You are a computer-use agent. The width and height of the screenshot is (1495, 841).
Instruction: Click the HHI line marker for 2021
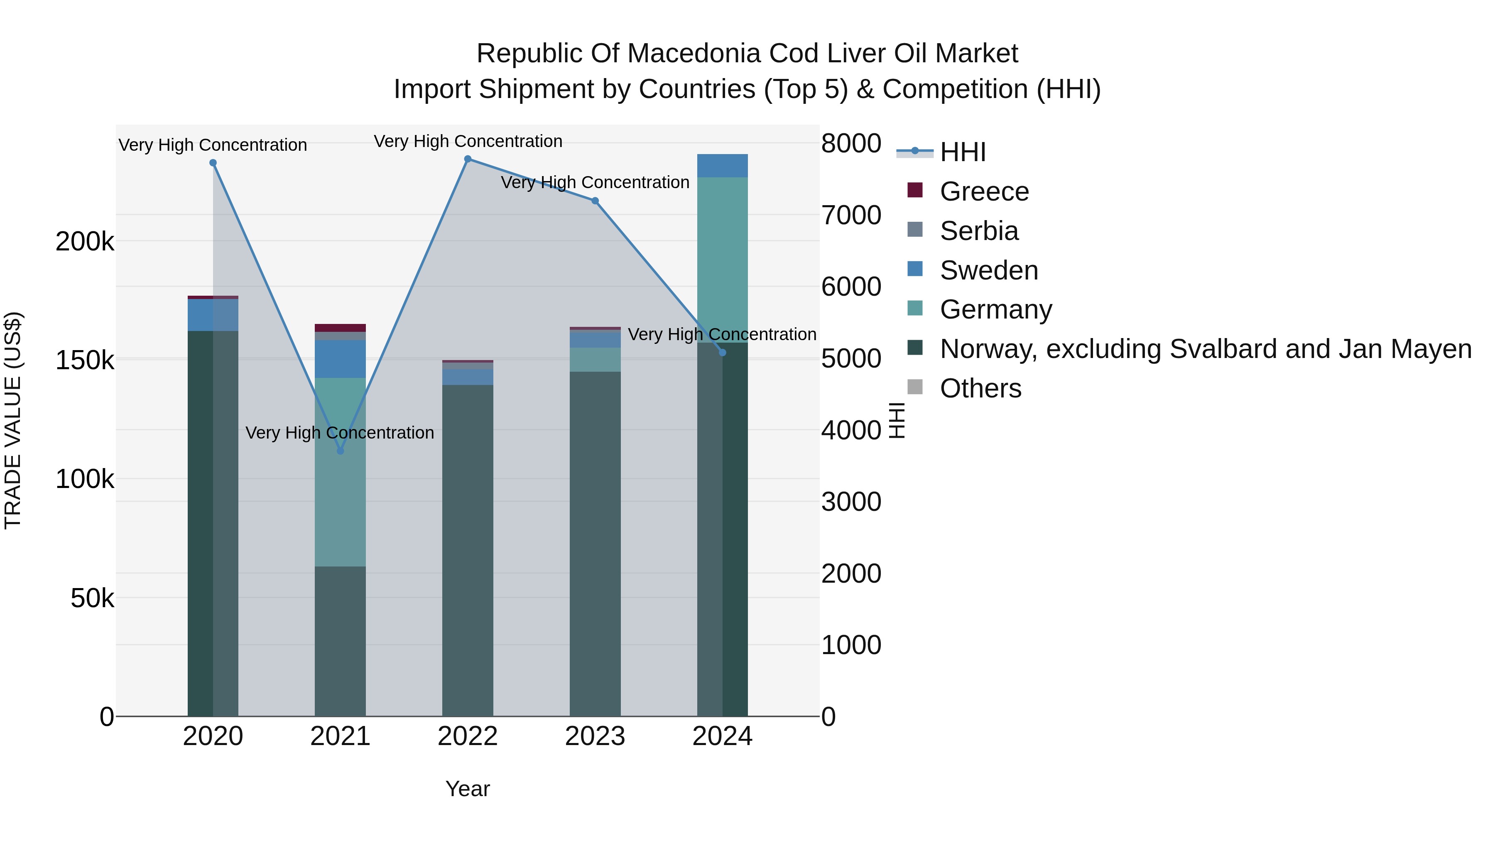341,451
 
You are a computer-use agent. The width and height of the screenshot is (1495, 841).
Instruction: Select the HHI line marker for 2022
468,159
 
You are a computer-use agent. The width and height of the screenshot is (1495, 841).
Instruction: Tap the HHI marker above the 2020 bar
213,163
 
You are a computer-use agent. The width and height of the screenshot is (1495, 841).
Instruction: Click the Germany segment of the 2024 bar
723,260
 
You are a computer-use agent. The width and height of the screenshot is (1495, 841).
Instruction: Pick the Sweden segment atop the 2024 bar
723,166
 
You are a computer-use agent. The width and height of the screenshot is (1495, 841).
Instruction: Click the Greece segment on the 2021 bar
340,328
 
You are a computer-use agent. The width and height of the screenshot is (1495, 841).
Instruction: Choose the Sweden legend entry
988,270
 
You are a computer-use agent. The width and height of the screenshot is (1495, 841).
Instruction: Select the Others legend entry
980,388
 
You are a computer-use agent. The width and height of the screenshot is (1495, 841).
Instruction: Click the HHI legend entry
962,152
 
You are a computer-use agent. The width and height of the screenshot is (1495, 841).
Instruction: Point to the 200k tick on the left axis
85,241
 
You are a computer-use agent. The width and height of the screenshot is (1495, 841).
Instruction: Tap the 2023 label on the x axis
595,736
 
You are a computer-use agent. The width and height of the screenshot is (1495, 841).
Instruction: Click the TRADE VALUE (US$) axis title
13,420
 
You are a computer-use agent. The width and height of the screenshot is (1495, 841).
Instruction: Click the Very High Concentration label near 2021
340,433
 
